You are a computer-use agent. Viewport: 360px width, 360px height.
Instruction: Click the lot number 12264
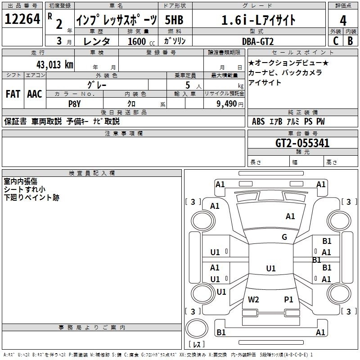[x=22, y=19]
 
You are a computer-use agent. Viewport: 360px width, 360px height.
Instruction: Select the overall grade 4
[x=343, y=21]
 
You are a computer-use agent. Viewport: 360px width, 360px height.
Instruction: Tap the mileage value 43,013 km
[x=55, y=65]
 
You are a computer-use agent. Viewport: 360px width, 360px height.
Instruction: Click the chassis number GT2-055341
[x=302, y=143]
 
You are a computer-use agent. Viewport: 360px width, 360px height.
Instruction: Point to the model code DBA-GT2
[x=258, y=41]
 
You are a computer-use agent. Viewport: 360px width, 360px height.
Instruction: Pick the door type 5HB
[x=174, y=20]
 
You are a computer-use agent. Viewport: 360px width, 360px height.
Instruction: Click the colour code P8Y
[x=75, y=104]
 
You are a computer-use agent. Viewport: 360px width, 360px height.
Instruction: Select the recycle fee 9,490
[x=227, y=104]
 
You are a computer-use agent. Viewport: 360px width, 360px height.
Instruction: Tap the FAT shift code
[x=13, y=94]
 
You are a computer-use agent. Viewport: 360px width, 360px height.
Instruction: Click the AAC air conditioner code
[x=35, y=94]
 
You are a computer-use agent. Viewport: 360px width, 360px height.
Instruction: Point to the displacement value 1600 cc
[x=141, y=41]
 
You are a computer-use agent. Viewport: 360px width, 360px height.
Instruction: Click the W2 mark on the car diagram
[x=253, y=299]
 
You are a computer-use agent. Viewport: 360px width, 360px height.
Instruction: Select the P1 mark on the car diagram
[x=288, y=299]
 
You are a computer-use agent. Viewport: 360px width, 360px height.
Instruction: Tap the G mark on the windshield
[x=284, y=237]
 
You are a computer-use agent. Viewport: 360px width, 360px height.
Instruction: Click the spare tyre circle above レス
[x=197, y=328]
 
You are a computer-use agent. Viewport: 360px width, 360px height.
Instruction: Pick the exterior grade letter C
[x=336, y=41]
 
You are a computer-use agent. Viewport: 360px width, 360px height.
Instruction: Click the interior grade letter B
[x=350, y=41]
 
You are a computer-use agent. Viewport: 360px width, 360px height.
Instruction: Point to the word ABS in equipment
[x=258, y=121]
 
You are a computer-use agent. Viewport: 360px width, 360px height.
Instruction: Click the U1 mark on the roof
[x=271, y=268]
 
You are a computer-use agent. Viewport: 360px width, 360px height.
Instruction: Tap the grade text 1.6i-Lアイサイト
[x=258, y=20]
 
